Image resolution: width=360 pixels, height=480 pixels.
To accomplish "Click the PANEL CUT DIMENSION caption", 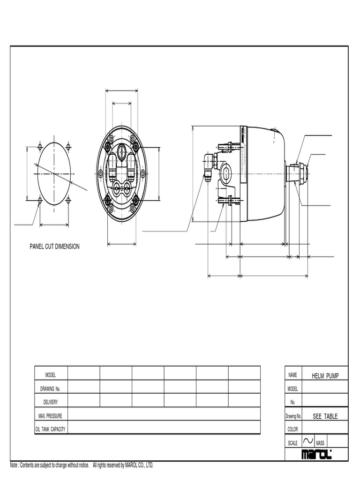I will pos(55,247).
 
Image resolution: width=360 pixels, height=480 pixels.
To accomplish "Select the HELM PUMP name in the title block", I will pos(325,376).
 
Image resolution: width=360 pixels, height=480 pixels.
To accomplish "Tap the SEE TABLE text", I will pos(325,416).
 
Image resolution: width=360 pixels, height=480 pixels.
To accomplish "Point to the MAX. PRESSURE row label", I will pos(51,416).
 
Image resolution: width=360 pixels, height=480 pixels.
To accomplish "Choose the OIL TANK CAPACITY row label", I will pos(51,429).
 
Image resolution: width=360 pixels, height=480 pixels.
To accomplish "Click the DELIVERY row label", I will pos(51,402).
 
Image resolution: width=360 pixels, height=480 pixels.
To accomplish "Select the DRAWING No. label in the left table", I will pos(51,389).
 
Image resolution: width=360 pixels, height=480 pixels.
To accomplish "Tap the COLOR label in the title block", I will pos(293,429).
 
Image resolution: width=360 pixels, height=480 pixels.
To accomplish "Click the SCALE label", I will pos(293,443).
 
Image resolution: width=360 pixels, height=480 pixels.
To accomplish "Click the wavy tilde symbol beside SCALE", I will pos(308,441).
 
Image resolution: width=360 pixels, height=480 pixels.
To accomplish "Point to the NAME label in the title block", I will pos(293,375).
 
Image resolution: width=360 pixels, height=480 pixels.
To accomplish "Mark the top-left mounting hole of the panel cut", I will pos(40,147).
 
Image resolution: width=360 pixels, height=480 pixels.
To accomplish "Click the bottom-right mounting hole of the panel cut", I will pos(68,200).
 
